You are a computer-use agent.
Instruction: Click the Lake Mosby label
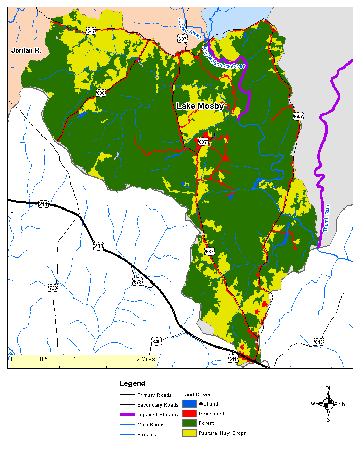tap(200, 106)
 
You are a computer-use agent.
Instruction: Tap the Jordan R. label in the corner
tap(26, 50)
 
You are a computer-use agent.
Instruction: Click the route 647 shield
tap(91, 31)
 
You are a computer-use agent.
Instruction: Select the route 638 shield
tap(101, 93)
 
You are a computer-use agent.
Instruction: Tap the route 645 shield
tap(298, 116)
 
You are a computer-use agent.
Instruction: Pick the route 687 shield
tap(203, 142)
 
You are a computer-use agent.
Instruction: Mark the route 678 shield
tap(138, 282)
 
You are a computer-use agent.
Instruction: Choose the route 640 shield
tap(157, 342)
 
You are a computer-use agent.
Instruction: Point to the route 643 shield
tap(319, 342)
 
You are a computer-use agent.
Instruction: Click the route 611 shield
tap(233, 359)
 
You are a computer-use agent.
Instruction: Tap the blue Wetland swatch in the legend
tap(189, 404)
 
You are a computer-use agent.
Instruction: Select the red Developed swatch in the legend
tap(189, 413)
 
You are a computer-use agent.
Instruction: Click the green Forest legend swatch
tap(189, 423)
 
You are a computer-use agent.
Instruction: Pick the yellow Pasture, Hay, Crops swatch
tap(189, 433)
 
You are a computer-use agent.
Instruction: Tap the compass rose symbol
tap(328, 404)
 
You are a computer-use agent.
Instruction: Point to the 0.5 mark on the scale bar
tap(43, 359)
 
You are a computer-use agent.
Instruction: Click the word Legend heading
tap(132, 383)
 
